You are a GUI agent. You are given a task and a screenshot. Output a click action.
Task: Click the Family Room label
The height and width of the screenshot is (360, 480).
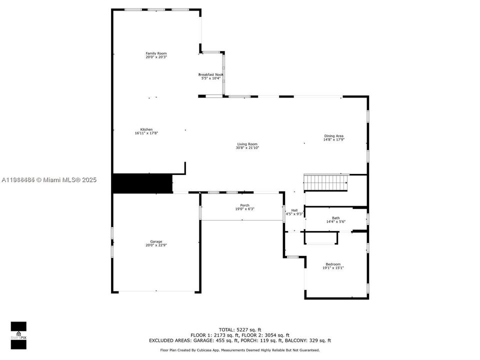click(x=156, y=53)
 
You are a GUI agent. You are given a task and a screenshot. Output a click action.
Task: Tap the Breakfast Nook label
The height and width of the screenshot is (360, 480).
click(x=210, y=74)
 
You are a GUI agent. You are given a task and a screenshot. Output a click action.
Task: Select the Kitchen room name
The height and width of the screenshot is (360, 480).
click(x=146, y=129)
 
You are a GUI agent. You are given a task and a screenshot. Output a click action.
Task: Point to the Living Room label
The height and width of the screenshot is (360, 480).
click(x=247, y=144)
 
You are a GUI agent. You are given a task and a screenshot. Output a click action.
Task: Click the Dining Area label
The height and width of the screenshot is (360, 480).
click(x=333, y=136)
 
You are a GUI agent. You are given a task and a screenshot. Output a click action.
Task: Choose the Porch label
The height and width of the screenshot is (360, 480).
click(x=244, y=205)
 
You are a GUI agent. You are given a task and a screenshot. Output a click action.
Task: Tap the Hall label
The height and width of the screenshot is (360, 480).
click(x=294, y=210)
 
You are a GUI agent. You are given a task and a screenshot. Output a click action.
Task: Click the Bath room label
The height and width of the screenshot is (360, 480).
click(x=336, y=218)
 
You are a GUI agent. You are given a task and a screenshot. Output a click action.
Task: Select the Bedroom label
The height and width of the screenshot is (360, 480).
click(x=333, y=264)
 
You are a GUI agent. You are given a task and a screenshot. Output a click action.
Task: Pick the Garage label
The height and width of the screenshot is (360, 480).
click(x=156, y=241)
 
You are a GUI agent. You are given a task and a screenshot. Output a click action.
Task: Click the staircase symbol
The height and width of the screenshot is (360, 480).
click(x=326, y=182)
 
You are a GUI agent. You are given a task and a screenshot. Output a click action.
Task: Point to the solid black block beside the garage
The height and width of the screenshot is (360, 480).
click(x=142, y=183)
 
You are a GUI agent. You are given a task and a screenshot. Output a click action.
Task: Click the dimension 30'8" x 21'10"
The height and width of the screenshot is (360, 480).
click(x=247, y=148)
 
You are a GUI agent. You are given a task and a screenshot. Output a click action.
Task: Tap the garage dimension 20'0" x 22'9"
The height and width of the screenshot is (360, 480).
click(x=156, y=245)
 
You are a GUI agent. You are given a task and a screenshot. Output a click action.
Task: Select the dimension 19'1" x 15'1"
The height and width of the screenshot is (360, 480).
click(x=333, y=268)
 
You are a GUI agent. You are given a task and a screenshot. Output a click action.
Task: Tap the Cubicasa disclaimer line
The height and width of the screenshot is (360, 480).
click(x=239, y=350)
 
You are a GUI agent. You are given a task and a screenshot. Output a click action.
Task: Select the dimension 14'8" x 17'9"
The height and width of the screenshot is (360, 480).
click(x=333, y=140)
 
